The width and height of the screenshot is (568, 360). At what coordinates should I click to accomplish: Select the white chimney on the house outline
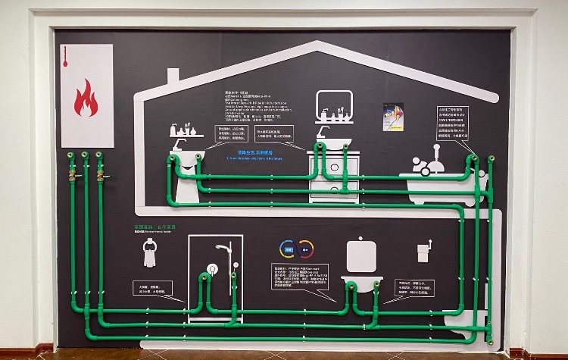[173, 77]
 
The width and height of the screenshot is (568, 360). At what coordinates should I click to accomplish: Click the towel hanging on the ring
[150, 255]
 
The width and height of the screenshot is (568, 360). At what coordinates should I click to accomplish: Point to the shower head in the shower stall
[222, 247]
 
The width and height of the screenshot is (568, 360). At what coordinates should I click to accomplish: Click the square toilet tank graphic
[361, 254]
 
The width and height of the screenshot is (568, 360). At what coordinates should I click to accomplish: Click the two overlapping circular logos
[296, 249]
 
